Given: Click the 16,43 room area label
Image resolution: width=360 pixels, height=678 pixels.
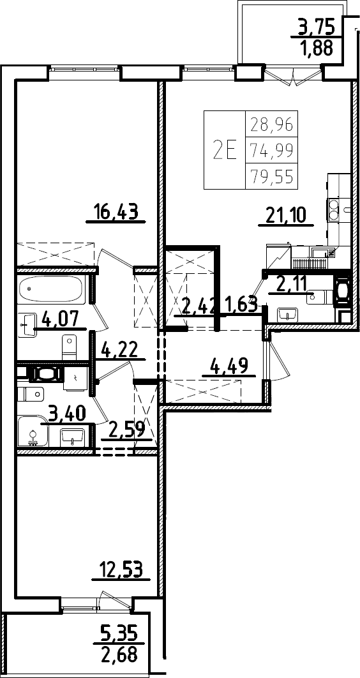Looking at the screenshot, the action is pyautogui.click(x=116, y=212).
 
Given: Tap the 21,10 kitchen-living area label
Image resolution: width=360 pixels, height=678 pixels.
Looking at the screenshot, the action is pyautogui.click(x=286, y=215).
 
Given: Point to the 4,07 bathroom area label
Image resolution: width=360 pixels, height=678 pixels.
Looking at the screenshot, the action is pyautogui.click(x=60, y=319).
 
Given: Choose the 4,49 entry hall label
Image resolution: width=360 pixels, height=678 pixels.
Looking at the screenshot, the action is pyautogui.click(x=228, y=366).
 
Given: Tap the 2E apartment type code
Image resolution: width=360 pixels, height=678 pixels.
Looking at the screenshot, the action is pyautogui.click(x=225, y=151).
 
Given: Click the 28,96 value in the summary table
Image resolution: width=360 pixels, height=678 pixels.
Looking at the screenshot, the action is pyautogui.click(x=271, y=125).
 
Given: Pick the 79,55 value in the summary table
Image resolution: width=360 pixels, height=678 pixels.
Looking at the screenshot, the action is pyautogui.click(x=271, y=176).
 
